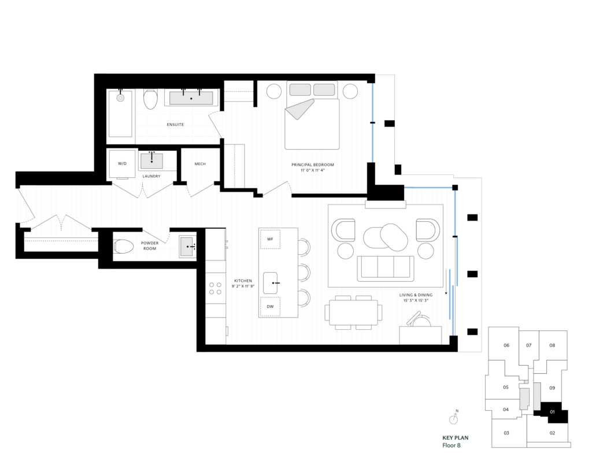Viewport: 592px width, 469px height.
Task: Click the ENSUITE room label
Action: tap(175, 125)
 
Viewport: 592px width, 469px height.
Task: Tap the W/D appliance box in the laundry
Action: tap(122, 164)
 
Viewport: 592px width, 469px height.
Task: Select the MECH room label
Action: tap(200, 164)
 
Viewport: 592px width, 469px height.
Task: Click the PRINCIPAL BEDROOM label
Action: tap(313, 165)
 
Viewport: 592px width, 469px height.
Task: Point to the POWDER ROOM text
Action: tap(150, 245)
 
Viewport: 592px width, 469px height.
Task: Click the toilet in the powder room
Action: tap(124, 247)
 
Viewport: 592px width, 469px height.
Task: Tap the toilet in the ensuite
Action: tap(150, 99)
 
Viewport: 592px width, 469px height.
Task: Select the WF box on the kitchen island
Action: tap(270, 239)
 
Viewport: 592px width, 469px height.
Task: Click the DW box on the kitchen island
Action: tap(270, 307)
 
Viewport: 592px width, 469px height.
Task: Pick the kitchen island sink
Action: tap(271, 283)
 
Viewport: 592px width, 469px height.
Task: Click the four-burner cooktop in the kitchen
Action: tap(215, 288)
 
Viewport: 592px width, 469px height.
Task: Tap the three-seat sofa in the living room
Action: tap(385, 268)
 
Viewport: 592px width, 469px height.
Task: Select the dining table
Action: tap(353, 312)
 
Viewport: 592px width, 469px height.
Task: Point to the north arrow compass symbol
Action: tap(453, 418)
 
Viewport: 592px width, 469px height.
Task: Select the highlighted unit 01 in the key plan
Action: tap(552, 412)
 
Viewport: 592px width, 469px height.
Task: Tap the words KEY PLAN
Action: tap(456, 438)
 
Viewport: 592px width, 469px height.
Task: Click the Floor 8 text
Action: tap(452, 445)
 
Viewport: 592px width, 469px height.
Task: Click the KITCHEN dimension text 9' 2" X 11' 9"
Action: tap(243, 286)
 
